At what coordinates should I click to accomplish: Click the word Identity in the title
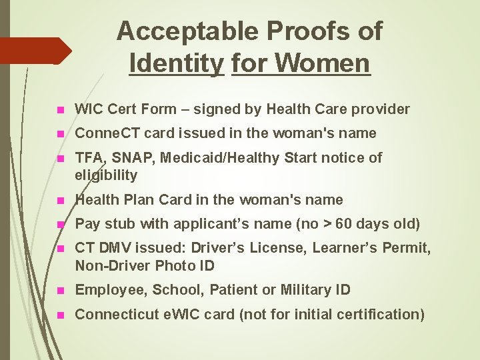point(177,63)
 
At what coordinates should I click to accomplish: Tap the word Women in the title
point(321,63)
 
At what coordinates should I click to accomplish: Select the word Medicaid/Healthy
point(231,157)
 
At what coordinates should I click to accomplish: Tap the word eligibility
point(106,175)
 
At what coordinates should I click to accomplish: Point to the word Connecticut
point(117,314)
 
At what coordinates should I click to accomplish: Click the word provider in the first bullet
point(383,109)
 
